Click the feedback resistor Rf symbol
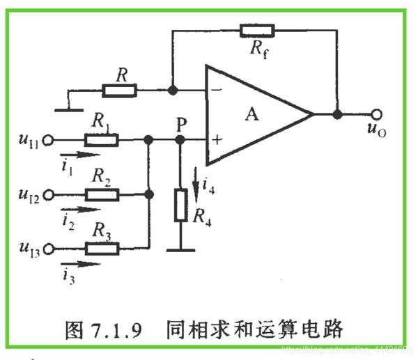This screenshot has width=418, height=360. tap(256, 31)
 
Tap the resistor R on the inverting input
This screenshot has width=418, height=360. tap(119, 90)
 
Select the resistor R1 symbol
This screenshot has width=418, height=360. tap(102, 140)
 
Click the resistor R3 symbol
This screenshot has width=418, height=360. tap(102, 247)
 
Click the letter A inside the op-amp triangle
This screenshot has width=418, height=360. tap(251, 114)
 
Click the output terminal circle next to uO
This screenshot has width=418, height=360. tap(376, 115)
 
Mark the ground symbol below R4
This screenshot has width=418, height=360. tap(180, 249)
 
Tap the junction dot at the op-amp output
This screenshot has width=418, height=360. tap(337, 115)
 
